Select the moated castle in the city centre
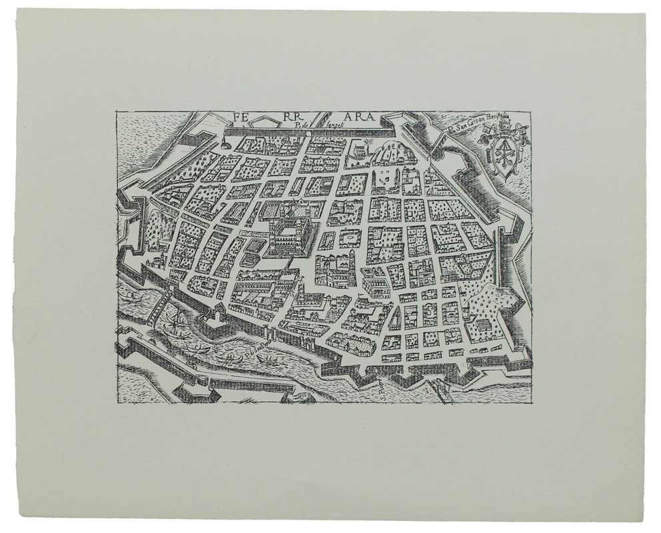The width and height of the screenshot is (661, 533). point(289,233)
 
